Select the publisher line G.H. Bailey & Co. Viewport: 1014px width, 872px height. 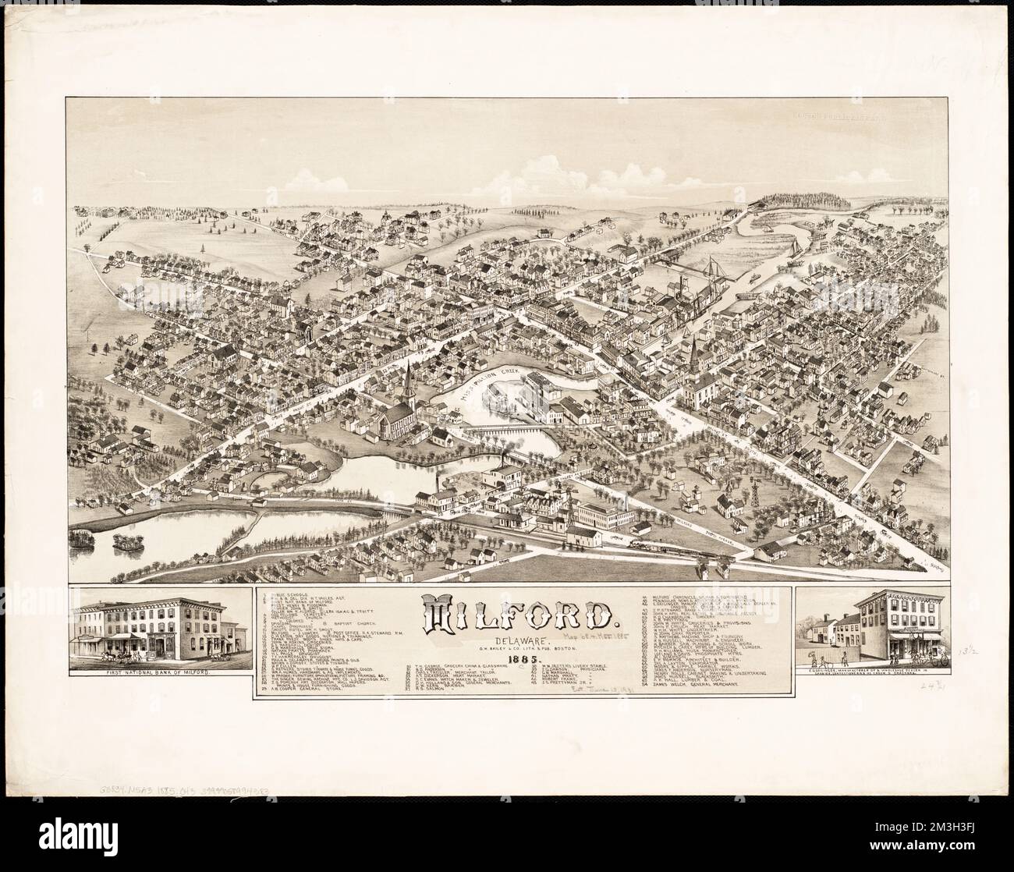coord(519,650)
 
